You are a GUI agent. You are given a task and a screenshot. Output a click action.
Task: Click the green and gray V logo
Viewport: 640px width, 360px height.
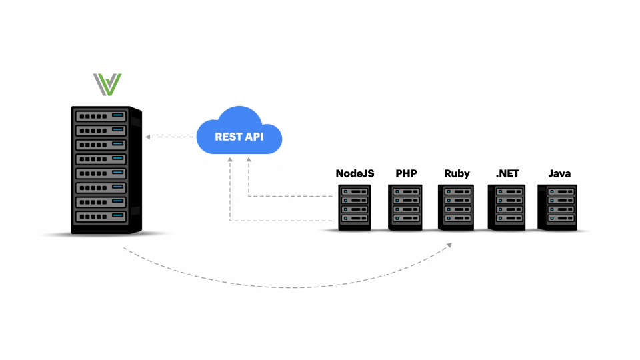[107, 85]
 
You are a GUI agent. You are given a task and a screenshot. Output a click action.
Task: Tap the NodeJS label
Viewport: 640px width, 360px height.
[355, 173]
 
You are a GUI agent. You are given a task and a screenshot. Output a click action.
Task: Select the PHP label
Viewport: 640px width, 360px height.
[406, 173]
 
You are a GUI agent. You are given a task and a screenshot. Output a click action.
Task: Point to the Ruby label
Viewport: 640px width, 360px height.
[457, 173]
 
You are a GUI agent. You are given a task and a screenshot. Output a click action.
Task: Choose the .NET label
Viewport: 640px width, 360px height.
[507, 173]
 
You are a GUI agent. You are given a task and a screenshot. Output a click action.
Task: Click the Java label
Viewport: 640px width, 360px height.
[559, 173]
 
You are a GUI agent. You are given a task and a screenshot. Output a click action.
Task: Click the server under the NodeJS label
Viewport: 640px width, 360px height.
[355, 208]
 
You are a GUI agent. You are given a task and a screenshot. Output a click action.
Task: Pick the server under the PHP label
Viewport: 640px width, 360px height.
[406, 208]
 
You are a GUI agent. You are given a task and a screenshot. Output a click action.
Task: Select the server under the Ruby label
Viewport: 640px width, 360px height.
[457, 208]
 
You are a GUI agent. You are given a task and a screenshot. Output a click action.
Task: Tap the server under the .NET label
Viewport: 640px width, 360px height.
[507, 208]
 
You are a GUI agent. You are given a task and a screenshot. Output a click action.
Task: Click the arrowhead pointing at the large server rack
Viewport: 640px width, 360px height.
[148, 137]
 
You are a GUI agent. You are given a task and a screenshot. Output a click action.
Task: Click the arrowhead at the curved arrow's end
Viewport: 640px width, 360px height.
[449, 245]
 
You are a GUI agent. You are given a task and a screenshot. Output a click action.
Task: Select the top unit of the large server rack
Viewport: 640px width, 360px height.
[101, 115]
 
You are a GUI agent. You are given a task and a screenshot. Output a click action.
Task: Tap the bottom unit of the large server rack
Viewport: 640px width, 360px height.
[101, 217]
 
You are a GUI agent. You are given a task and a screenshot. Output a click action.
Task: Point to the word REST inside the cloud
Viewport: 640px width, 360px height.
[227, 137]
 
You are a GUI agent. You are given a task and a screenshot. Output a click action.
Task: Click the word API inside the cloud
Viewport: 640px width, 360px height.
[253, 137]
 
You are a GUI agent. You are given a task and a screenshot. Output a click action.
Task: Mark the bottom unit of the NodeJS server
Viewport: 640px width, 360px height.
[355, 218]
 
